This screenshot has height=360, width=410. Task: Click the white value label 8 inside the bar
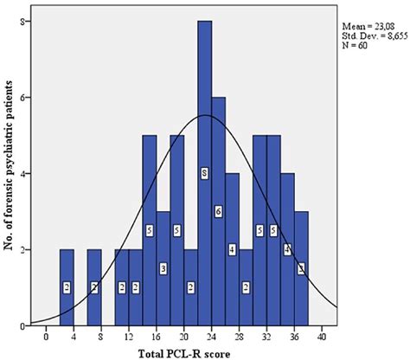[x=204, y=174]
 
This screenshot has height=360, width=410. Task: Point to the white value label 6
[x=218, y=212]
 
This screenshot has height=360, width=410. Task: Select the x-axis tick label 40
[x=322, y=337]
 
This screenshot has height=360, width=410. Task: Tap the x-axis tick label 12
[x=128, y=337]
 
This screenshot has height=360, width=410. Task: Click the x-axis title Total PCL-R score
[x=183, y=352]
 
